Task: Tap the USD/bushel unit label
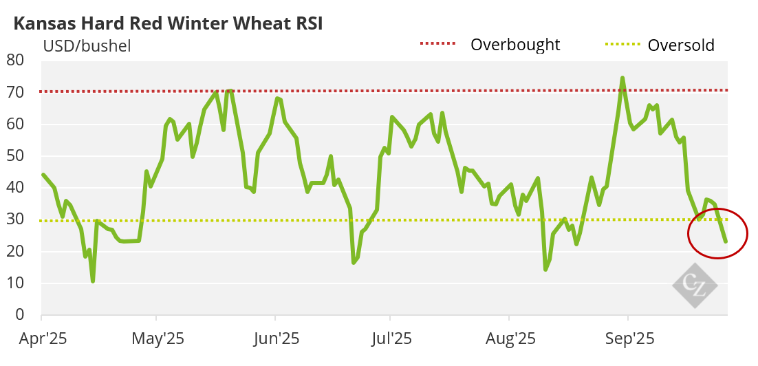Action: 87,47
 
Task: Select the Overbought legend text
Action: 515,45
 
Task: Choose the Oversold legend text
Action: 681,45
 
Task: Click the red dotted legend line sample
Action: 437,44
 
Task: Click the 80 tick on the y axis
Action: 16,60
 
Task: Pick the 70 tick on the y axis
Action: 16,91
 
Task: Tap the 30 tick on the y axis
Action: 16,219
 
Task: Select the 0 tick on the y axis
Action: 20,315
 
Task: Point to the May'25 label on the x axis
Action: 157,338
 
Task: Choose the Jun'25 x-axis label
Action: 275,338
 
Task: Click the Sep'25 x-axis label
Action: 627,338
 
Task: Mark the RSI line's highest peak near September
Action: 622,78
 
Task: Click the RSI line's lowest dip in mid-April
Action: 93,281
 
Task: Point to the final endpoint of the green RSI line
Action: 726,241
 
